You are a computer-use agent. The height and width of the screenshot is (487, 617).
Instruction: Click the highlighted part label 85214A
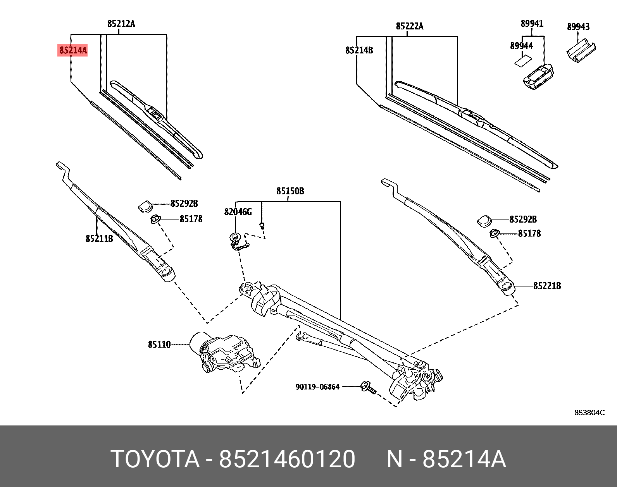[x=72, y=50]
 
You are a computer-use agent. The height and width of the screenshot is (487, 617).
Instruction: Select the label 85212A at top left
[x=121, y=24]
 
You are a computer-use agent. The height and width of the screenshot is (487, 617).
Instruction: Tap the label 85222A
[x=409, y=26]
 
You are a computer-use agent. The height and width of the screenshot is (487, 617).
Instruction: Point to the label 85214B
[x=359, y=50]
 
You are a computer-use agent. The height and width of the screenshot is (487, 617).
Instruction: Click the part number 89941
[x=532, y=24]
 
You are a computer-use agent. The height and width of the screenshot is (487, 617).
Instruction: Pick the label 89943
[x=578, y=27]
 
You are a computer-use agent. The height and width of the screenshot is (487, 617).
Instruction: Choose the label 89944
[x=521, y=46]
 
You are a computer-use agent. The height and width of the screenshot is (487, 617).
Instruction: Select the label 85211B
[x=99, y=238]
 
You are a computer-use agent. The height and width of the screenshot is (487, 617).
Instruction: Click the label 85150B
[x=290, y=191]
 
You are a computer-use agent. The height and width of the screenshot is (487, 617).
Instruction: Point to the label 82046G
[x=238, y=212]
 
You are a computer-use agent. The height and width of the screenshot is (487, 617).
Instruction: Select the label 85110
[x=159, y=344]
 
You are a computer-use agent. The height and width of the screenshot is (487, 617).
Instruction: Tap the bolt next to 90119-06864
[x=368, y=388]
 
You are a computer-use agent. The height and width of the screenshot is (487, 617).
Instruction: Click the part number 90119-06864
[x=317, y=387]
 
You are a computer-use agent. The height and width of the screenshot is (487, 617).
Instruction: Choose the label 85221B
[x=547, y=286]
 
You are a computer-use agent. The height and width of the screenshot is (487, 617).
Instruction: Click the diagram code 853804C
[x=589, y=413]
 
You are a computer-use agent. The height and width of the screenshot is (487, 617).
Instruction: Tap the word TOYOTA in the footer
[x=155, y=460]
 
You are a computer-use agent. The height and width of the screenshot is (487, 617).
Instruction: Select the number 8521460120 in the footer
[x=287, y=460]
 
